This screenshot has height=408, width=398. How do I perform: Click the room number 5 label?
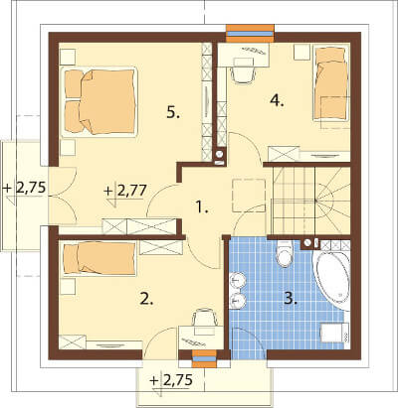[x=173, y=113]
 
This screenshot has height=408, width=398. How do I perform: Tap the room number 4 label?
[x=277, y=100]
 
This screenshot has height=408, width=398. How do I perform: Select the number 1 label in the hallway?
[x=201, y=207]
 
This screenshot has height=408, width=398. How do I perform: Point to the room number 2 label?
[x=146, y=299]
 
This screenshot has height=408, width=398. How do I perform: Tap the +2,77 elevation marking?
[x=125, y=192]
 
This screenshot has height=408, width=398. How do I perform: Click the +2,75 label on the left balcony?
[x=24, y=188]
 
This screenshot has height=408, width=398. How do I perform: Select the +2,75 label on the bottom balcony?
[x=171, y=380]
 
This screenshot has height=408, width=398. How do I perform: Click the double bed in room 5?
[x=99, y=101]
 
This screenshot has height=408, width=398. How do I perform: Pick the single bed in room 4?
[x=331, y=84]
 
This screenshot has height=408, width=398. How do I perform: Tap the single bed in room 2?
[x=99, y=258]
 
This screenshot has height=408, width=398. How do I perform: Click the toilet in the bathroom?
[x=285, y=253]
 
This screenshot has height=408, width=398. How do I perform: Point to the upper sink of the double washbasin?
[x=238, y=281]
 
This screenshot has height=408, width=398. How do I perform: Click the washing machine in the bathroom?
[x=334, y=333]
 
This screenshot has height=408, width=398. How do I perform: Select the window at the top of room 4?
[x=250, y=34]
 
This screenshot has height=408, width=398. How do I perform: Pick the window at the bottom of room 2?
[x=205, y=358]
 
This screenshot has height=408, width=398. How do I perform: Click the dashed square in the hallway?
[x=249, y=196]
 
